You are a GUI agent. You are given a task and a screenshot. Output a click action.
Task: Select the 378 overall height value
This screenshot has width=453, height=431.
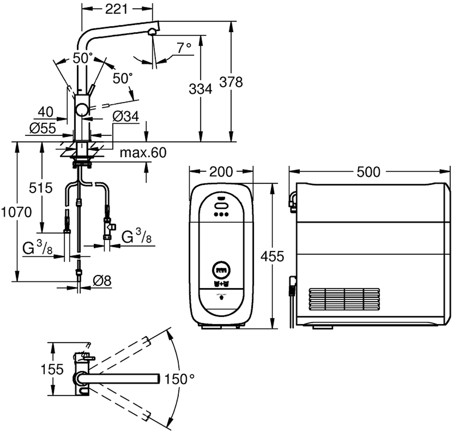(x=231, y=82)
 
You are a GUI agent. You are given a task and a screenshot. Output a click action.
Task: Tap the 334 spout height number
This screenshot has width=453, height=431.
(x=200, y=89)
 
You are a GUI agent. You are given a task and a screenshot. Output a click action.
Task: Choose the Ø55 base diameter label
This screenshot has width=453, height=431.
(x=43, y=128)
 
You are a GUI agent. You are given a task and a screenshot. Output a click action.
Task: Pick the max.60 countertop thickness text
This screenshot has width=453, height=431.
(x=143, y=153)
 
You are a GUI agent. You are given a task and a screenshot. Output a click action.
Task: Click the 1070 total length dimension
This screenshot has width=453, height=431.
(x=17, y=212)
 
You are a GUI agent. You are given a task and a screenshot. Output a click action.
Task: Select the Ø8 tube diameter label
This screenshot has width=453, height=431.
(x=102, y=281)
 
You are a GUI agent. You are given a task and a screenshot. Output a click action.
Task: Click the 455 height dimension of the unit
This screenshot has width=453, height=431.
(x=272, y=257)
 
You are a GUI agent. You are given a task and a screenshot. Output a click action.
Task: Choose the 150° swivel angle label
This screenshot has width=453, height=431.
(x=180, y=379)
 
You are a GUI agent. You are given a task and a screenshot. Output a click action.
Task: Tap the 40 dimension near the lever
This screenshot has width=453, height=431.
(x=46, y=111)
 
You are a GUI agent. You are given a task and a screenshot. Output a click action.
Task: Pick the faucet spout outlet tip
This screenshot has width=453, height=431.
(x=153, y=31)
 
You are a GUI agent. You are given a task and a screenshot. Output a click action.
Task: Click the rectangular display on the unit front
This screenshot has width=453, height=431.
(x=221, y=271)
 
